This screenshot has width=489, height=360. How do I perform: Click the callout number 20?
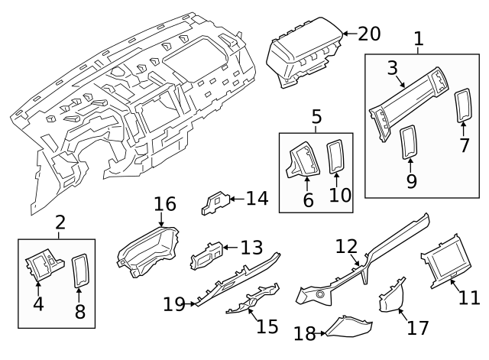(368, 34)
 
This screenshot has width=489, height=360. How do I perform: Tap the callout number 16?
(165, 204)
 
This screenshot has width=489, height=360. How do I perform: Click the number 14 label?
(257, 199)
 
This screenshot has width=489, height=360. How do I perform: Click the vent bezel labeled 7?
(463, 105)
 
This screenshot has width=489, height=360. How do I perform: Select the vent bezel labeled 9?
(409, 142)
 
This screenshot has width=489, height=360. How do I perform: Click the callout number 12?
(346, 246)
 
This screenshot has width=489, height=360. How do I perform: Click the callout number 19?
(175, 304)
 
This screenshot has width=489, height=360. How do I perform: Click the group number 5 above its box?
(316, 117)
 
